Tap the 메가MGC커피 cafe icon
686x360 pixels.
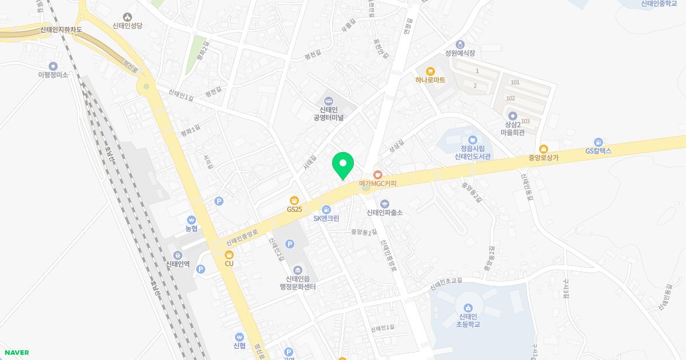pyautogui.click(x=377, y=174)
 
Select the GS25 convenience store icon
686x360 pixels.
pyautogui.click(x=294, y=200)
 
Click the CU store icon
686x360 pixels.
pyautogui.click(x=229, y=254)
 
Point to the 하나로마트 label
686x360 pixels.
pyautogui.click(x=430, y=80)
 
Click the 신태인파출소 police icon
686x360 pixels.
pyautogui.click(x=384, y=203)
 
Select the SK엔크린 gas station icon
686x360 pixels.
pyautogui.click(x=326, y=209)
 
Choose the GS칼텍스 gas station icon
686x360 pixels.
pyautogui.click(x=598, y=142)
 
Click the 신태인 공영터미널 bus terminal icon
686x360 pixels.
pyautogui.click(x=329, y=101)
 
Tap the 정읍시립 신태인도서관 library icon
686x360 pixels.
pyautogui.click(x=473, y=139)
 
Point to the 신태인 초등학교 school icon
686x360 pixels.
pyautogui.click(x=468, y=309)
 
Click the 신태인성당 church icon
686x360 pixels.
pyautogui.click(x=126, y=17)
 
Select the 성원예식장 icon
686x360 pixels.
pyautogui.click(x=460, y=44)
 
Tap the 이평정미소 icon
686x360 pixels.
pyautogui.click(x=53, y=66)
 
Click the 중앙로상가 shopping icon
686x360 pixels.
pyautogui.click(x=543, y=149)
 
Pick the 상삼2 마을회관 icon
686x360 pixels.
pyautogui.click(x=512, y=116)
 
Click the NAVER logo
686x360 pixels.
pyautogui.click(x=16, y=353)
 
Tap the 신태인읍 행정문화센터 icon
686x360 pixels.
pyautogui.click(x=297, y=270)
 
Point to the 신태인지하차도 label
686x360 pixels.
pyautogui.click(x=62, y=30)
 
